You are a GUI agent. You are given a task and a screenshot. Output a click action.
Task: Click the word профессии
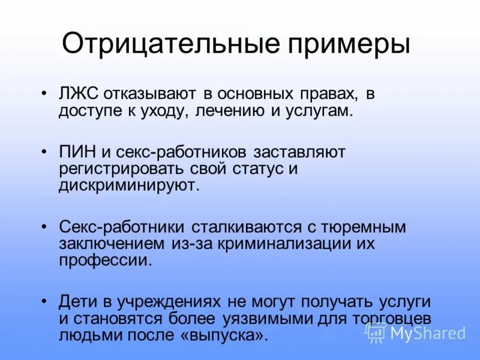pyautogui.click(x=102, y=260)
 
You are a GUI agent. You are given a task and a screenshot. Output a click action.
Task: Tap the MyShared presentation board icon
pyautogui.click(x=376, y=332)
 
